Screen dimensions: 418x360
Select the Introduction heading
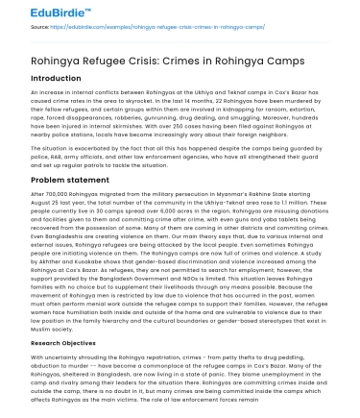click(x=57, y=78)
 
